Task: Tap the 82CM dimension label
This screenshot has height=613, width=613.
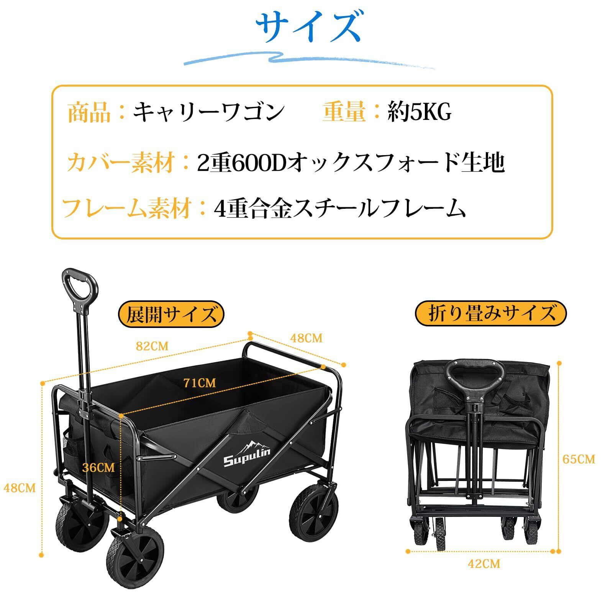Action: click(x=152, y=346)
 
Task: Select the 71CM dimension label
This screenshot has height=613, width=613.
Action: click(x=199, y=382)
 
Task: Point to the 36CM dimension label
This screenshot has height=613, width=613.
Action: click(x=98, y=467)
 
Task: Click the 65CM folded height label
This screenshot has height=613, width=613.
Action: click(x=579, y=459)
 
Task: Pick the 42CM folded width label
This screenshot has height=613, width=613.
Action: click(x=484, y=574)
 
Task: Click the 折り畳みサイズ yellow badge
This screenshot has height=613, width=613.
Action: click(x=491, y=313)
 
